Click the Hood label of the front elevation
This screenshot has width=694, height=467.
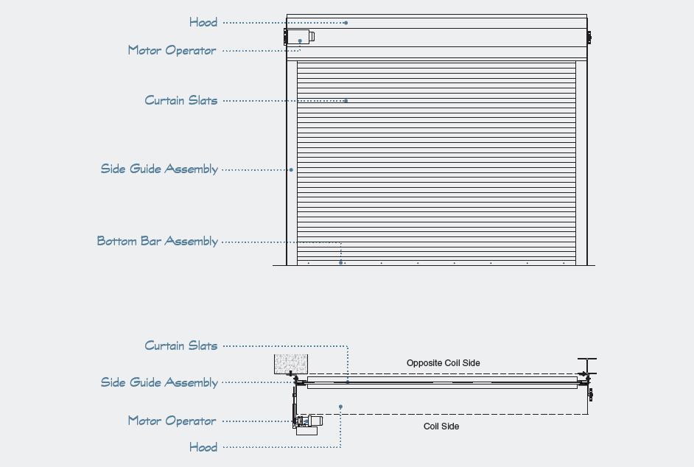click(x=203, y=22)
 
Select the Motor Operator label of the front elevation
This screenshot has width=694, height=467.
click(x=172, y=50)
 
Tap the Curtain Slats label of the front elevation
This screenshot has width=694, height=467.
click(x=180, y=100)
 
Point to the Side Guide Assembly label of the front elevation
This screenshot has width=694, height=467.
click(x=159, y=169)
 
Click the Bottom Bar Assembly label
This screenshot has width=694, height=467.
click(x=157, y=242)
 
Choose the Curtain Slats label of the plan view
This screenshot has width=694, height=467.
click(x=180, y=345)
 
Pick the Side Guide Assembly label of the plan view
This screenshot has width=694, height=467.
click(x=159, y=382)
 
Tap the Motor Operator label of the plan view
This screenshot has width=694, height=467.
click(x=172, y=421)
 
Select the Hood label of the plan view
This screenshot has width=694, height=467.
click(x=203, y=447)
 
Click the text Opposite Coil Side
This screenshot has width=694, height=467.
click(x=443, y=363)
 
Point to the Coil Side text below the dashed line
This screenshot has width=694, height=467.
click(x=441, y=426)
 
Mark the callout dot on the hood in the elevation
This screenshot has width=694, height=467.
click(x=346, y=23)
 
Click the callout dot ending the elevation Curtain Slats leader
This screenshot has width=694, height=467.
click(x=346, y=101)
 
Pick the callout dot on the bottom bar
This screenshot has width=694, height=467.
click(x=340, y=262)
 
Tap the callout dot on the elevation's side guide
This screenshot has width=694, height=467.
click(x=291, y=170)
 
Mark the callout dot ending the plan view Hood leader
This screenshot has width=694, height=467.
click(x=340, y=407)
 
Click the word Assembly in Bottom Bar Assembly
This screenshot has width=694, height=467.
click(x=191, y=242)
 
